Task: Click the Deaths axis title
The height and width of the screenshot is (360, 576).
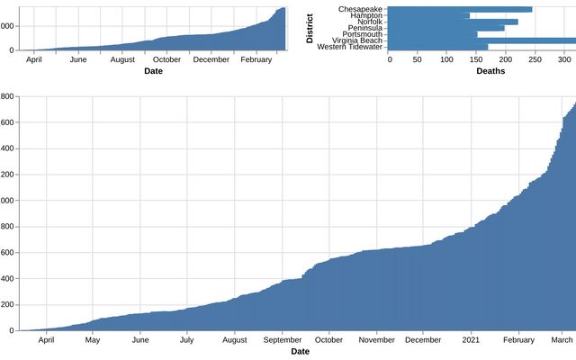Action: pos(490,70)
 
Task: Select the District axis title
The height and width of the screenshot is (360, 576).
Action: pos(310,27)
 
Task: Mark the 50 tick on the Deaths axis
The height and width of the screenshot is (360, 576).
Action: pos(418,59)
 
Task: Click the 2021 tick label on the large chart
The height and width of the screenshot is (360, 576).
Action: pos(472,340)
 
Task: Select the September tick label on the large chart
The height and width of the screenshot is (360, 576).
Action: pos(283,340)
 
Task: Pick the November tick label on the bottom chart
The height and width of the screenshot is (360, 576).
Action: pos(376,340)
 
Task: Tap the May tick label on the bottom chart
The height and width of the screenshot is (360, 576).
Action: pos(93,340)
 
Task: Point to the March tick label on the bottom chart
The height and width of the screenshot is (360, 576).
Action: pos(562,340)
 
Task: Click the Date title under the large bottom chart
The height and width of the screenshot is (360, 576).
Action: pos(300,351)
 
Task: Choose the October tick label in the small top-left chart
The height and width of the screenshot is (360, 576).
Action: pos(166,59)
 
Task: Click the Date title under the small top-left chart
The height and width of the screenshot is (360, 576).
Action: pos(155,70)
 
